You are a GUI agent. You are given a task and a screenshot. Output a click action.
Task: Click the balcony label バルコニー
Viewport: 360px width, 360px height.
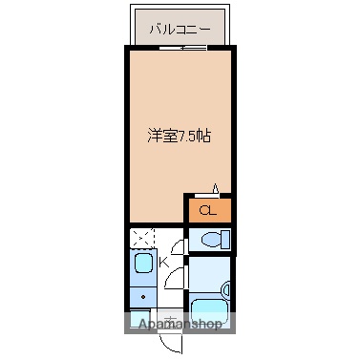pos(180,30)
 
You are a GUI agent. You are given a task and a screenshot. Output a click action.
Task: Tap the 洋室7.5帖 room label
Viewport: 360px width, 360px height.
pos(179,135)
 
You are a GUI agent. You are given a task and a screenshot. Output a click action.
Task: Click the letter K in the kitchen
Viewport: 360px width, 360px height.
pos(162,259)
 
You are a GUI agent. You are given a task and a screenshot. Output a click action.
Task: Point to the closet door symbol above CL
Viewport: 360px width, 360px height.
pos(217,188)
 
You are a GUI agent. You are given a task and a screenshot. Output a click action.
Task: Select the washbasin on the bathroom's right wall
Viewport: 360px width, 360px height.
pos(225,287)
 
